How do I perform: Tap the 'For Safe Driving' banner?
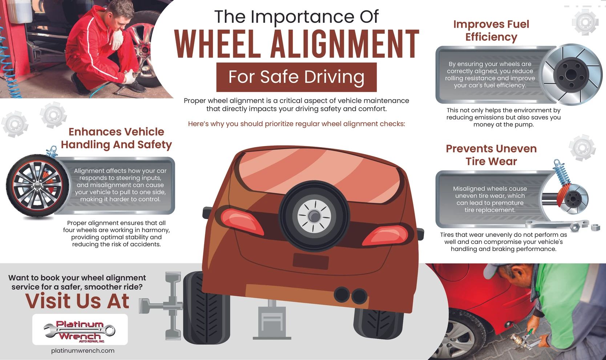pos(296,77)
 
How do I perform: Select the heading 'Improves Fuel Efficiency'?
pos(491,31)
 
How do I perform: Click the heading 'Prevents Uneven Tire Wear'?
pos(491,155)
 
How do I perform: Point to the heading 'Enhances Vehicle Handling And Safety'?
pos(116,138)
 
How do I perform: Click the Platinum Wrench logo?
pos(80,329)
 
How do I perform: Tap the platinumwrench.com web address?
pos(83,351)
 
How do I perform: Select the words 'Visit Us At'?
pos(77,301)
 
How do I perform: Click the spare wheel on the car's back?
pos(314,216)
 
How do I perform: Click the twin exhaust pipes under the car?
pos(351,295)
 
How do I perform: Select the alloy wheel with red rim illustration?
pos(36,185)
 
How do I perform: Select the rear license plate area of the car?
pos(311,261)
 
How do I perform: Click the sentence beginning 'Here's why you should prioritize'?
pos(296,124)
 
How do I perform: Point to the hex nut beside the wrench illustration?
pos(595,228)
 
